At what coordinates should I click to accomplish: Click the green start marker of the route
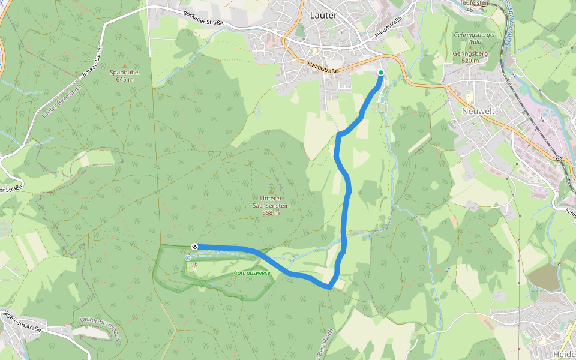380,73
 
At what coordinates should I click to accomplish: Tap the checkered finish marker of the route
194,247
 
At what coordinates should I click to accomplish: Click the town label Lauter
323,15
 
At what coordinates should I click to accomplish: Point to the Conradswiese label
252,273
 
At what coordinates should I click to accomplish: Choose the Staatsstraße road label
322,67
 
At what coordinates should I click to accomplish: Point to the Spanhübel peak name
125,72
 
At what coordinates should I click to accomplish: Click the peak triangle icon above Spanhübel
125,65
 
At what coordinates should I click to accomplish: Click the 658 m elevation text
271,212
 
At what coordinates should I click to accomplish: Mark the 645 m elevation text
125,79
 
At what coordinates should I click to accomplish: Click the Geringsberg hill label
471,53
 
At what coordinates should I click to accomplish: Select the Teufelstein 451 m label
475,6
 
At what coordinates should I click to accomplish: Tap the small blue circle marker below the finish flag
188,258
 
